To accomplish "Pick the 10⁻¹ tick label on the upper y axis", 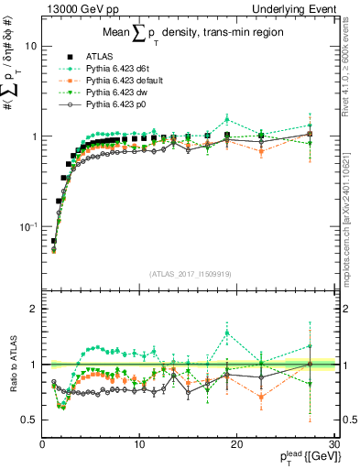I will pyautogui.click(x=28, y=226).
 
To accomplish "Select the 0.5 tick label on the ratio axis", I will pyautogui.click(x=29, y=420).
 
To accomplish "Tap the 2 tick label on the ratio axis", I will pyautogui.click(x=33, y=309).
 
